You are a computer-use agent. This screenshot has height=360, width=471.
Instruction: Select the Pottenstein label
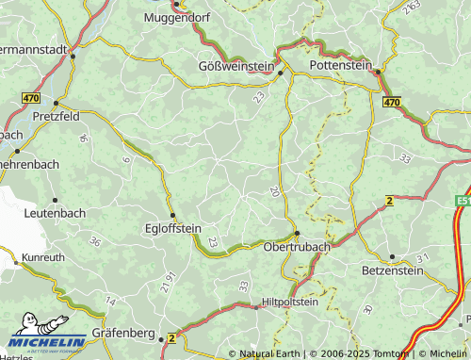[344, 68]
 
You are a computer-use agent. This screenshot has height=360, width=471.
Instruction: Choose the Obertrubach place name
[297, 248]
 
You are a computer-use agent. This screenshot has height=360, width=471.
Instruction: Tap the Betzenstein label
[395, 270]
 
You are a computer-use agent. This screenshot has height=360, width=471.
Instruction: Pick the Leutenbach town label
[55, 214]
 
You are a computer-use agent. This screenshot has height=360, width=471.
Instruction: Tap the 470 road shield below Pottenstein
[392, 102]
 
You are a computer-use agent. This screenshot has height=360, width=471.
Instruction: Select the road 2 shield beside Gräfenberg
[171, 338]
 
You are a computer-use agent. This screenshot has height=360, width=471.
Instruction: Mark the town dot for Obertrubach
[297, 234]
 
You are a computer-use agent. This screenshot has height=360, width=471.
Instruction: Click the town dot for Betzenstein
[393, 256]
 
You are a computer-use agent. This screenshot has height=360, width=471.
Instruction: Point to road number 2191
[169, 283]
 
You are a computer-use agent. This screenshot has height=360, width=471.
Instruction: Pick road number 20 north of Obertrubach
[274, 191]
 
